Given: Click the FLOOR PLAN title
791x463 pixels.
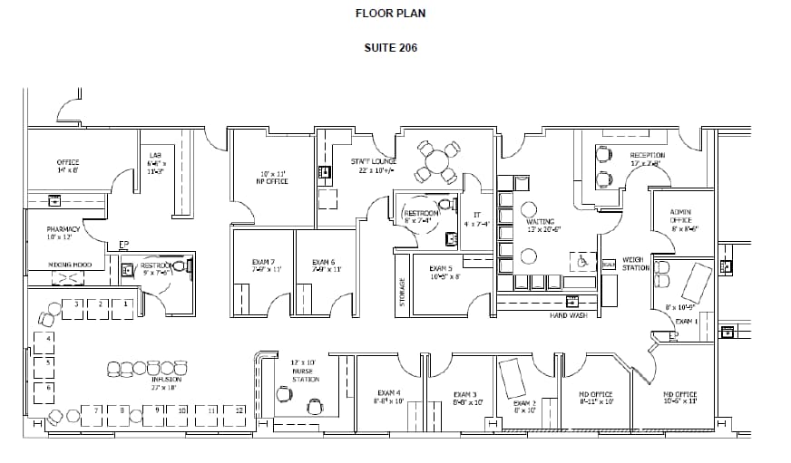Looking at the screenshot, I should coord(390,14).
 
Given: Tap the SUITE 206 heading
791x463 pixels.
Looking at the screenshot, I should coord(390,48).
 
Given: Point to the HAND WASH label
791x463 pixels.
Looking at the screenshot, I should coord(569,315).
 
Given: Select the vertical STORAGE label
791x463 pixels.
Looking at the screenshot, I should coord(403,293).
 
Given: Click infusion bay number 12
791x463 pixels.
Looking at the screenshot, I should coord(239,410).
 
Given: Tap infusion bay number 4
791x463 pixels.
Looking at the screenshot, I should coord(48,337).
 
